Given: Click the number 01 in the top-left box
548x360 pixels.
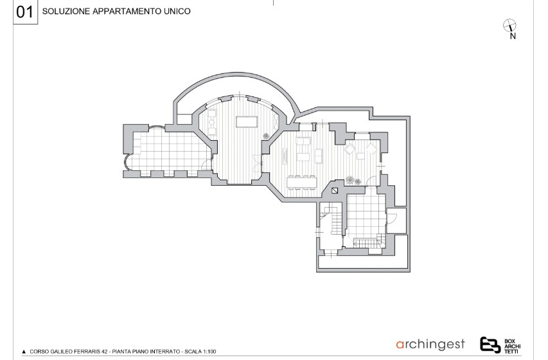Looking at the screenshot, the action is click(x=24, y=12).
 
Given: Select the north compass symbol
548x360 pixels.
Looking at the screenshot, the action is click(x=509, y=25).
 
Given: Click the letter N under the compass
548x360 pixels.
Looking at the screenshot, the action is click(x=513, y=36).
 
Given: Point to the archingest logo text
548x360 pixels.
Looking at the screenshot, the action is click(x=430, y=345).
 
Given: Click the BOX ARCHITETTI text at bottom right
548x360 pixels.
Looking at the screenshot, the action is click(x=513, y=346).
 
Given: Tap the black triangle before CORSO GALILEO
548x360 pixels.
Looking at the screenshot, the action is click(x=24, y=352).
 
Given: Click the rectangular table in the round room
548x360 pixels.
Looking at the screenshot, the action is click(x=247, y=122).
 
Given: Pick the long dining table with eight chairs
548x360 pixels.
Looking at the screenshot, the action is click(x=302, y=183).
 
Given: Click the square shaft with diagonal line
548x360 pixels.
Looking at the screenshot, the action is click(x=335, y=191).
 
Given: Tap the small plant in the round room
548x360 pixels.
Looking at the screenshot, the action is click(x=266, y=136).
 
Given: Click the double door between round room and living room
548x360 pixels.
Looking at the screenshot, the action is click(x=258, y=163).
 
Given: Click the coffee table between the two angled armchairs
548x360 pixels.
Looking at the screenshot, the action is click(x=360, y=156).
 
